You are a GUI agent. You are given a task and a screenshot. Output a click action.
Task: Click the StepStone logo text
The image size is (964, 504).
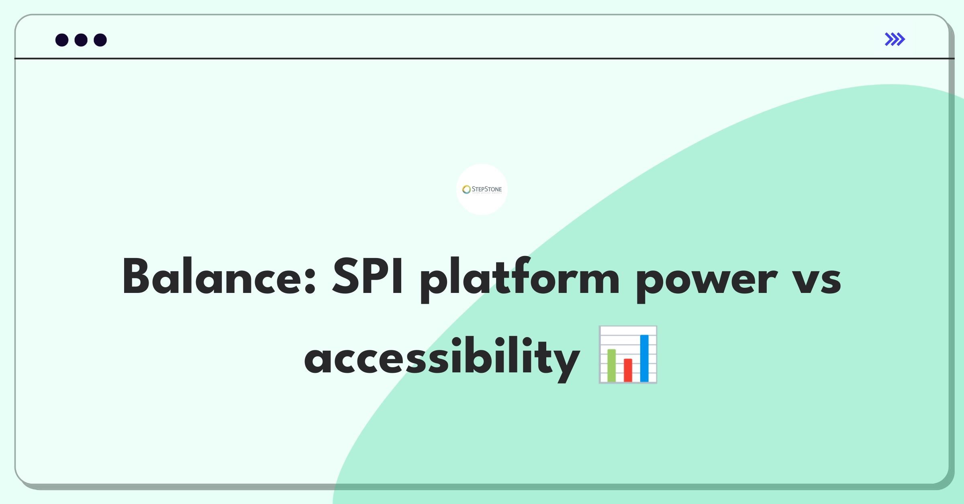click(486, 189)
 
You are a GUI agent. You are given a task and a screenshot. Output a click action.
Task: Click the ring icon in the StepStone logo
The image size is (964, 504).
click(466, 189)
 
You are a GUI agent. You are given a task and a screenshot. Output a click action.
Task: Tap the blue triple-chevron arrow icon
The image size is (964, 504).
click(895, 39)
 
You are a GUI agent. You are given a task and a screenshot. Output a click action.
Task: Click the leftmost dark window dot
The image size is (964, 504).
click(62, 40)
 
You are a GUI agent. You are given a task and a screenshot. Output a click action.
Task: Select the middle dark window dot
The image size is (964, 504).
click(81, 40)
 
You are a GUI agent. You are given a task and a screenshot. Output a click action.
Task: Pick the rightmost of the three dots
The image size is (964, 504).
click(100, 40)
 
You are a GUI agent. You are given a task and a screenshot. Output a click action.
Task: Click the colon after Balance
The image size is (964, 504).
click(309, 281)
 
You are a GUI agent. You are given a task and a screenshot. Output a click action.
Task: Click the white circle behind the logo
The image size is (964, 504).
click(482, 205)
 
